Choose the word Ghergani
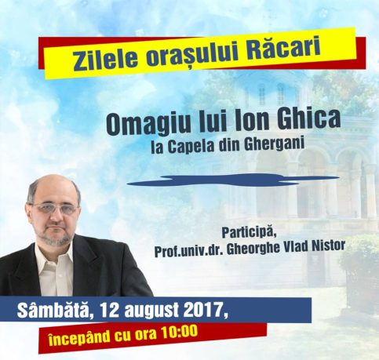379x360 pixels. (x=275, y=144)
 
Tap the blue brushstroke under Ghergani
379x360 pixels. (x=233, y=180)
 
